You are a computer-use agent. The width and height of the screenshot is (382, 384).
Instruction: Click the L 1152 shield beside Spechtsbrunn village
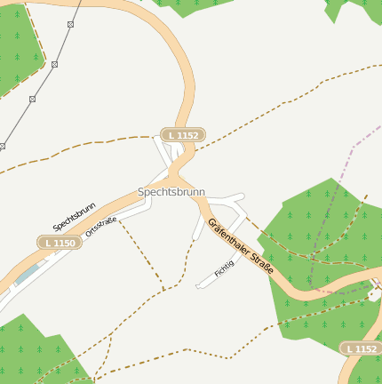point(182,135)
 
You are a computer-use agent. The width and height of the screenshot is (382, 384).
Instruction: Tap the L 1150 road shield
point(59,243)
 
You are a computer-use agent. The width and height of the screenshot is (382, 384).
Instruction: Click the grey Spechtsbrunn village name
point(171,192)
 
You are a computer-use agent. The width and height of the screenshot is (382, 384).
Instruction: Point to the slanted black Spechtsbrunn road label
point(74,217)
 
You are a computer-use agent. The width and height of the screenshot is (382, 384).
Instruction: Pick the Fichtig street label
point(225,267)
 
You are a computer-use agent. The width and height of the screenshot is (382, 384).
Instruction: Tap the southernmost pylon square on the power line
point(3,146)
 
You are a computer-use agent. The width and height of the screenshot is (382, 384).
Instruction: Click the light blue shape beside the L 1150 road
point(27,274)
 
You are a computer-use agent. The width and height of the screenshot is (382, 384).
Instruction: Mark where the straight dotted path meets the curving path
point(164,288)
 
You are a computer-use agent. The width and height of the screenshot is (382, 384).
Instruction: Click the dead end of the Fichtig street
point(198,286)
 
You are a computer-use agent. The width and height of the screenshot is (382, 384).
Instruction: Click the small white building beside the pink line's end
point(375,292)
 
